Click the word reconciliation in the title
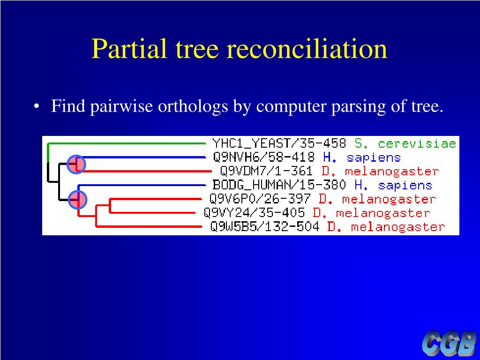click(x=307, y=49)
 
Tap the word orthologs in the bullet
click(x=193, y=107)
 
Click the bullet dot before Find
click(x=37, y=107)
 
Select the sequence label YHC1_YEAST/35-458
click(x=279, y=143)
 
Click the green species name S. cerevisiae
click(x=405, y=143)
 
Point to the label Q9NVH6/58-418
click(x=265, y=157)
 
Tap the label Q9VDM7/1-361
click(x=266, y=171)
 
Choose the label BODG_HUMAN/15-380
click(x=279, y=185)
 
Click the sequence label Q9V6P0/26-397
click(x=260, y=199)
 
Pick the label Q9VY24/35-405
click(x=254, y=213)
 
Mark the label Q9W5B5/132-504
click(x=264, y=227)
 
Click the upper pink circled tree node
click(x=76, y=164)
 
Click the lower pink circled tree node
click(x=77, y=200)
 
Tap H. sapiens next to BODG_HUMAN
click(x=393, y=185)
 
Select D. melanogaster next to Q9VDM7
click(x=380, y=171)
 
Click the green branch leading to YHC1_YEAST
click(x=127, y=142)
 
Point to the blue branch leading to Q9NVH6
click(x=141, y=157)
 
